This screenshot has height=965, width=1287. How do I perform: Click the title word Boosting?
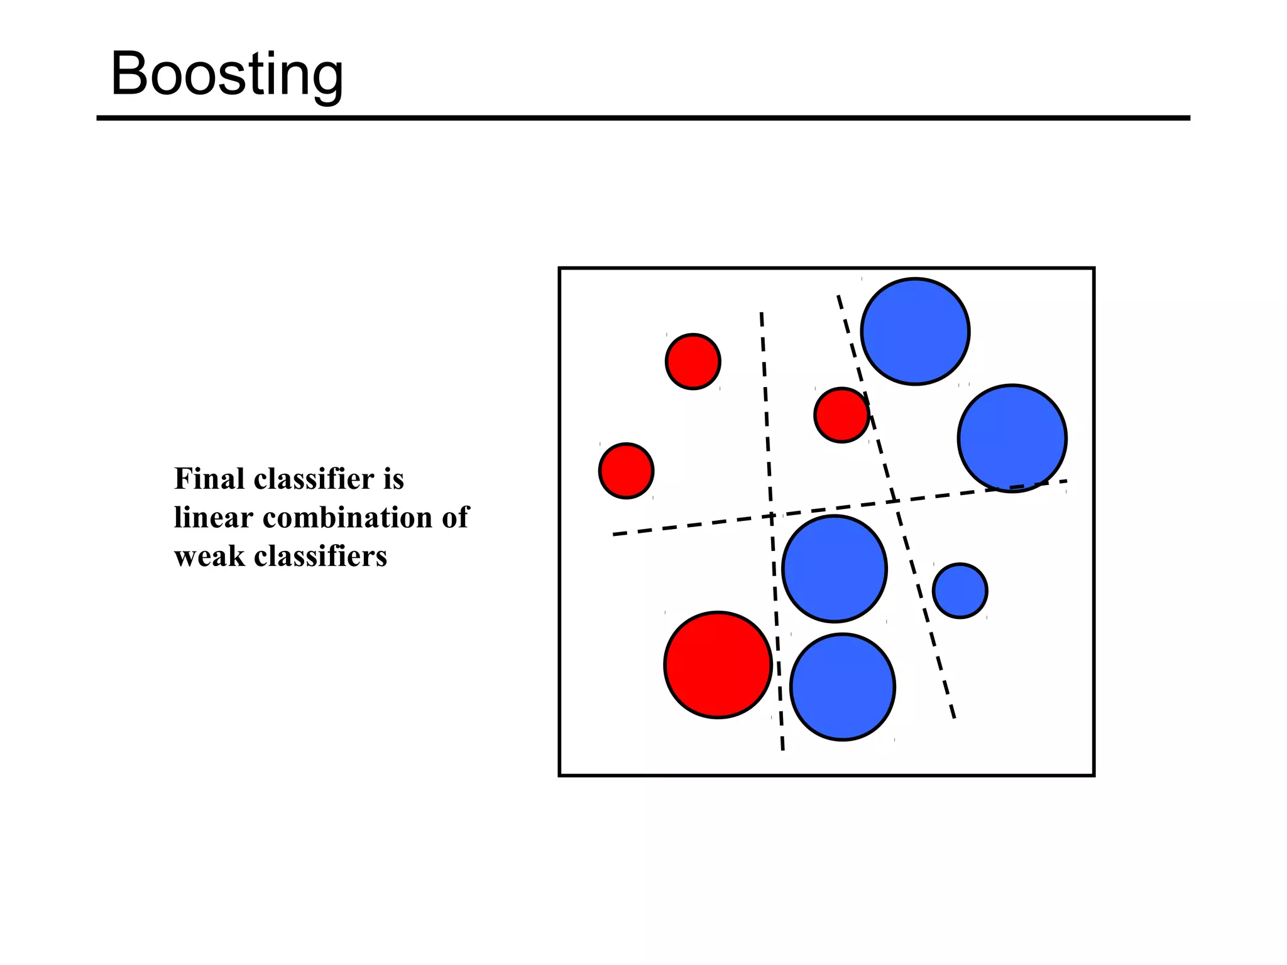(x=227, y=74)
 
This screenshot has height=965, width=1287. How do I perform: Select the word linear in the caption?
(x=214, y=518)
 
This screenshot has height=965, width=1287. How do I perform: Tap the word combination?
(x=347, y=518)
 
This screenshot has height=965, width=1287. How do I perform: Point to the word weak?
(x=209, y=557)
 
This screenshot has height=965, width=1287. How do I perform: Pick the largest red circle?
(x=718, y=665)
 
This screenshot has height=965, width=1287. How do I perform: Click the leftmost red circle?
(x=626, y=471)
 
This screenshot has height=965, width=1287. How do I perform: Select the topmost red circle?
(x=693, y=362)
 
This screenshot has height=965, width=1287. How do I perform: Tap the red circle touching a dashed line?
(x=841, y=415)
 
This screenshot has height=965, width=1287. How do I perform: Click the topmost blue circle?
(x=915, y=331)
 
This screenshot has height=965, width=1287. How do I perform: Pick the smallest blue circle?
(x=960, y=591)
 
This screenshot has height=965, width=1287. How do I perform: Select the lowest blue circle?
(x=842, y=687)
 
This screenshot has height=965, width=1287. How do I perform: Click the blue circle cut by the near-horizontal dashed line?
(x=1012, y=438)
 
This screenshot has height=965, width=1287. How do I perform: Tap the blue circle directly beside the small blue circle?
(x=835, y=569)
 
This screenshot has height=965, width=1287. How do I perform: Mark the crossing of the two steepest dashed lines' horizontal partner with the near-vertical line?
(x=771, y=516)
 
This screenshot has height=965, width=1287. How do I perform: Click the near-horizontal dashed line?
(x=691, y=525)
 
